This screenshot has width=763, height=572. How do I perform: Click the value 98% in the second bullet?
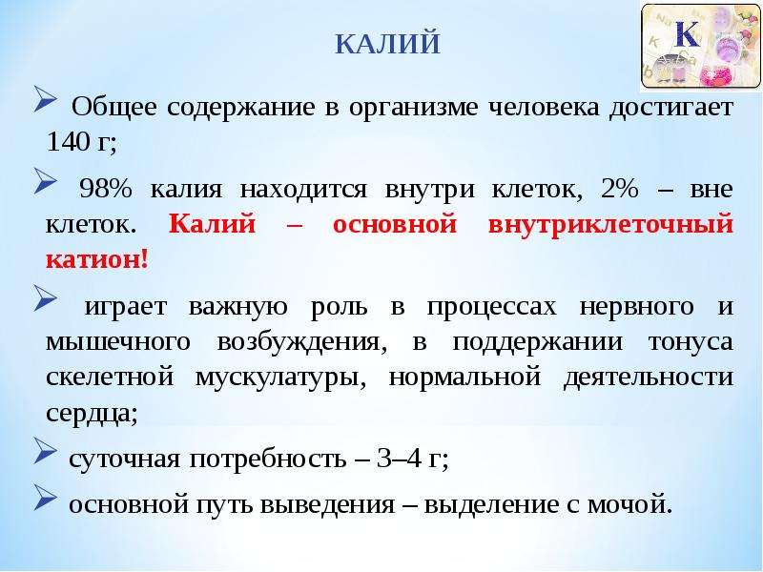pyautogui.click(x=105, y=188)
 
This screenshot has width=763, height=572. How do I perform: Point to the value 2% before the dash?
pyautogui.click(x=619, y=188)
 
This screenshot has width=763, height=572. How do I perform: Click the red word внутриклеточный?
pyautogui.click(x=610, y=224)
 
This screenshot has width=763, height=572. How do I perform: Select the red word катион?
pyautogui.click(x=97, y=259)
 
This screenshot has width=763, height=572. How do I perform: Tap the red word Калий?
pyautogui.click(x=212, y=224)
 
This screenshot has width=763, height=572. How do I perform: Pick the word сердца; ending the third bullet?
pyautogui.click(x=92, y=414)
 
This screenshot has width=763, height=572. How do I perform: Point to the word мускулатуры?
pyautogui.click(x=280, y=378)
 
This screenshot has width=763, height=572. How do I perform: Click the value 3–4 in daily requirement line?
pyautogui.click(x=399, y=458)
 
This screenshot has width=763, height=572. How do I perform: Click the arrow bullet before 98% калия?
pyautogui.click(x=45, y=181)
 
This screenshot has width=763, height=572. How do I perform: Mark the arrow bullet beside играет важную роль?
pyautogui.click(x=45, y=297)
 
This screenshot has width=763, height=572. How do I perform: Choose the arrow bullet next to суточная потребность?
pyautogui.click(x=45, y=450)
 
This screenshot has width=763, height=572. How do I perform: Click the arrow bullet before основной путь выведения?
pyautogui.click(x=45, y=497)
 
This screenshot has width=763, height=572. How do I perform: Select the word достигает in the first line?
pyautogui.click(x=671, y=107)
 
